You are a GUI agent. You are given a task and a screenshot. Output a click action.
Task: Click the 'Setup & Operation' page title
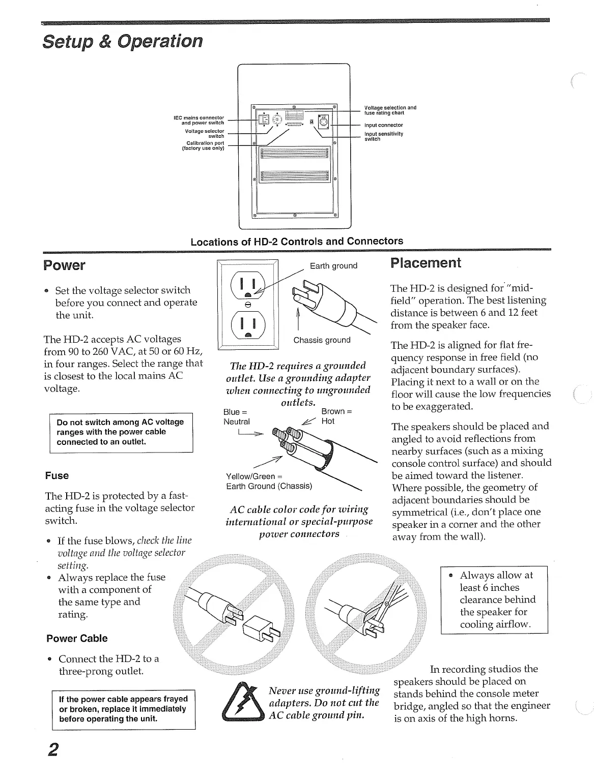coord(122,41)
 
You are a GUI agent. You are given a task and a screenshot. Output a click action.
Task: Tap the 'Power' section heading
coord(64,265)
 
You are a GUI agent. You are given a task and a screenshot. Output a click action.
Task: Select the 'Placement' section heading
coord(425,263)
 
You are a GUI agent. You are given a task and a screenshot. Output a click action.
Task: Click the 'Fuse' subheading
coord(56,476)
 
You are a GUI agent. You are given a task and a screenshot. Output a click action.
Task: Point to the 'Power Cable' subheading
coord(77,639)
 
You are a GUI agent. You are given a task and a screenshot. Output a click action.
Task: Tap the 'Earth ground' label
coord(333,266)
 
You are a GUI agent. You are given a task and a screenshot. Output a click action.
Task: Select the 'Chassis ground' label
coord(322,340)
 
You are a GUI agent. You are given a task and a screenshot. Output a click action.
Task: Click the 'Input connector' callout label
coord(383,125)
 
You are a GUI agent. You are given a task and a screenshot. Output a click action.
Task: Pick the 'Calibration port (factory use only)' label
coord(203,146)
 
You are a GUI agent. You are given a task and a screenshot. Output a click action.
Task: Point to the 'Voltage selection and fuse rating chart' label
coord(390,110)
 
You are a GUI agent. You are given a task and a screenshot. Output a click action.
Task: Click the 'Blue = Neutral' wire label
coord(237,416)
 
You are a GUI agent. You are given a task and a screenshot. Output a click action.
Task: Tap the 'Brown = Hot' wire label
coord(336,416)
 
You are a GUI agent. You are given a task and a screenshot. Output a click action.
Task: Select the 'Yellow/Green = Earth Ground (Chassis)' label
coord(269,481)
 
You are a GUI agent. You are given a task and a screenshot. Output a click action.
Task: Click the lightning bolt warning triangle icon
coord(241,702)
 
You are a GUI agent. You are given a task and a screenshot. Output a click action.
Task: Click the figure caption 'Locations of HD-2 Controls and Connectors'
coord(297,242)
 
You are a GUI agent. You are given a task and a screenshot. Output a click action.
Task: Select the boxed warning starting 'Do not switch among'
coord(121,432)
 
